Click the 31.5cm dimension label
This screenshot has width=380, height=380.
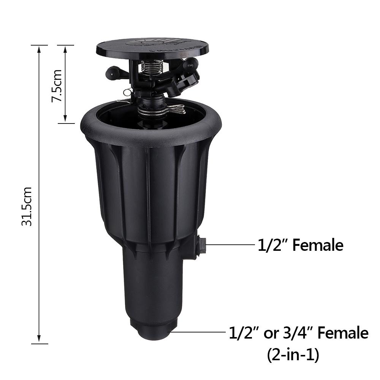pos(27,206)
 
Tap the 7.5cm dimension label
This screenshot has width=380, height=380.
pos(57,85)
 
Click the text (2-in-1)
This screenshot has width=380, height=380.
pos(292,355)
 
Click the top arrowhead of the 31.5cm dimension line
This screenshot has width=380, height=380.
pos(39,48)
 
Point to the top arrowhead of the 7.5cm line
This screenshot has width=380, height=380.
pos(66,48)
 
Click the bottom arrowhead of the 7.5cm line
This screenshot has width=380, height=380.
pos(66,120)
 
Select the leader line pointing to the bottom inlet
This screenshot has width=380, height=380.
pos(198,332)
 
